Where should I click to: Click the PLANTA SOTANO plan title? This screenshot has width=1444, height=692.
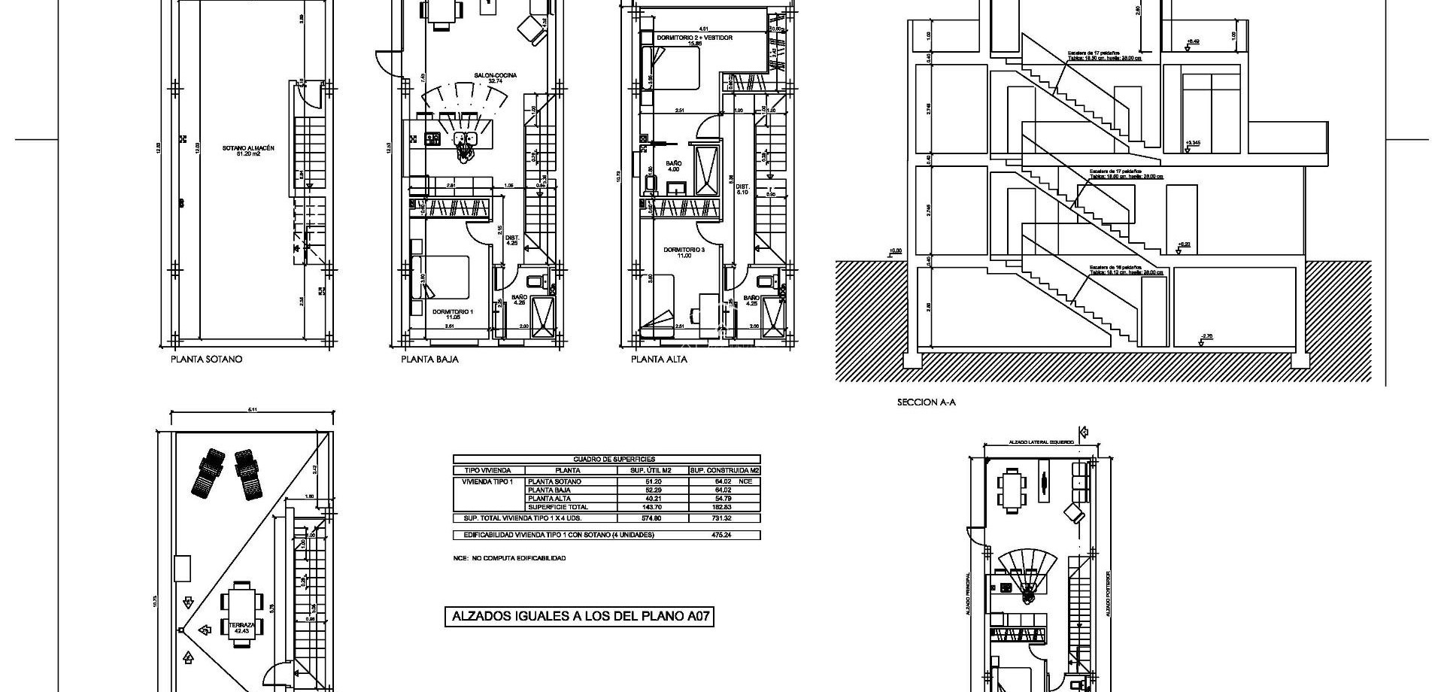click(206, 360)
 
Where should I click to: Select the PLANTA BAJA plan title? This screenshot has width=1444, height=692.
click(429, 360)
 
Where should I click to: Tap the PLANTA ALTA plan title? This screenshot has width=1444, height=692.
click(659, 360)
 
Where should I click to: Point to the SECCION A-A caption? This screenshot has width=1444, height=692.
click(926, 402)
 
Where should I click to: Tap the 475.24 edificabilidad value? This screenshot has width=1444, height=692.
click(720, 535)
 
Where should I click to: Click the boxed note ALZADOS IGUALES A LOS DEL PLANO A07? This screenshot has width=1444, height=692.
click(578, 617)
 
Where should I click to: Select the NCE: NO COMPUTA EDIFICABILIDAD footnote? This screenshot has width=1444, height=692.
click(509, 558)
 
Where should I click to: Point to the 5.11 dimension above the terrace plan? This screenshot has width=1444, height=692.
click(252, 410)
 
